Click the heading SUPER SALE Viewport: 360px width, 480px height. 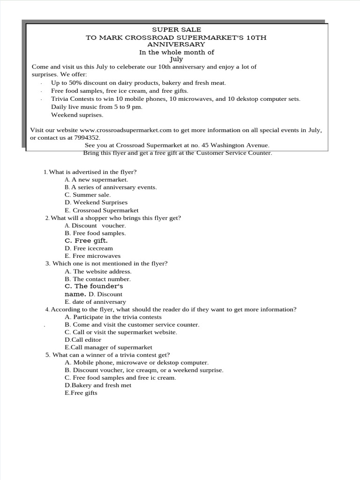point(176,30)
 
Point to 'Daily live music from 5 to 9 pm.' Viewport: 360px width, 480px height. point(97,107)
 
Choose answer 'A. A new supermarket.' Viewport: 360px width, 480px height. point(96,180)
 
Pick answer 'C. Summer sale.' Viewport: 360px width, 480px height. point(88,195)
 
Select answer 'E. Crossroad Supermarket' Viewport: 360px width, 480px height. point(102,210)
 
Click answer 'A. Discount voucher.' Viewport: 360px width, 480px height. point(95,225)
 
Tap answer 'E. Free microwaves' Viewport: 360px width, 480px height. point(93,256)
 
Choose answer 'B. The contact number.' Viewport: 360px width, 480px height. point(97,279)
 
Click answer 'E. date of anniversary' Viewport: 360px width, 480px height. point(96,302)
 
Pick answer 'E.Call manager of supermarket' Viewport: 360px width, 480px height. point(108,347)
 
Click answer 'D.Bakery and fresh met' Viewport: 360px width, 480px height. point(98,385)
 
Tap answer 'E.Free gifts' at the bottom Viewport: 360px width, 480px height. point(81,393)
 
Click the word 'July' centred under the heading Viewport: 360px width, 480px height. point(176,60)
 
